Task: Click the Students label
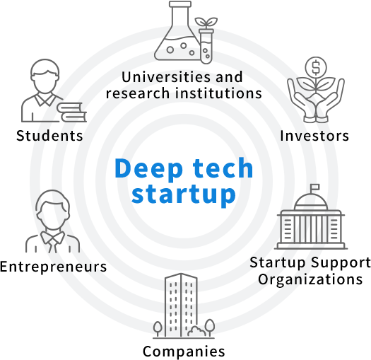[49, 136]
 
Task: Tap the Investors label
[314, 136]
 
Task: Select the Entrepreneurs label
[53, 267]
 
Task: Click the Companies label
[184, 352]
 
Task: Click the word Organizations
[310, 279]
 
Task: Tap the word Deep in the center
[149, 168]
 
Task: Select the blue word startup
[183, 194]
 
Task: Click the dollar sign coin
[316, 67]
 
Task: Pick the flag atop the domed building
[314, 187]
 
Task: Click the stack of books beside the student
[71, 112]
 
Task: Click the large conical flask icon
[177, 31]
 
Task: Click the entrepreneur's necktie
[52, 244]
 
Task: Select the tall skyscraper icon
[181, 305]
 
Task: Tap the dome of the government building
[311, 202]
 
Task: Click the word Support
[341, 263]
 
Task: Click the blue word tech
[223, 168]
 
